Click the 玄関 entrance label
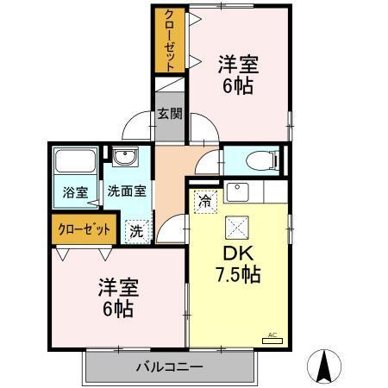tap(170, 113)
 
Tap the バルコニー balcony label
tap(169, 367)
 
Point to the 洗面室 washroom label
tap(126, 192)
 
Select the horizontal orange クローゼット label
tap(84, 229)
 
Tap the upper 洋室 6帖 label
tap(238, 74)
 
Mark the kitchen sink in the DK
tap(236, 191)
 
